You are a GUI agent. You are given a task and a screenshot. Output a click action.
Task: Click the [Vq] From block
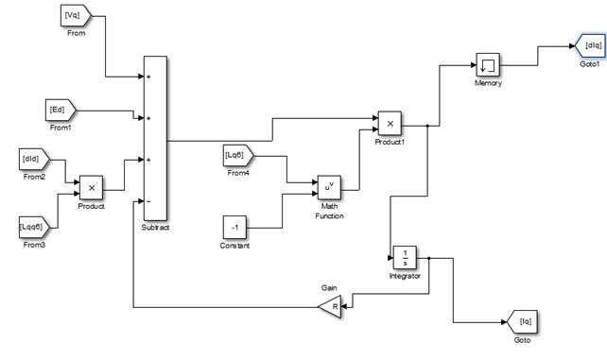(76, 16)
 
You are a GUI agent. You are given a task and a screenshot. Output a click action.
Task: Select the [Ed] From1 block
(61, 111)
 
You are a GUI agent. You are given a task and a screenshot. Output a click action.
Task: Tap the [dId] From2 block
(34, 160)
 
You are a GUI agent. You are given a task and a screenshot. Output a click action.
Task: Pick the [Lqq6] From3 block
(34, 228)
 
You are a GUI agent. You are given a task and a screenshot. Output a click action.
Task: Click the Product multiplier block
(92, 188)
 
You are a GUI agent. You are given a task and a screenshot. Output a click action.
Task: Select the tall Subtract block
(156, 139)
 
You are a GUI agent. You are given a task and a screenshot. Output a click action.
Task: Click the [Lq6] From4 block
(238, 156)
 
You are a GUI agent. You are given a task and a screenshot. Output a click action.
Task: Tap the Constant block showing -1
(234, 228)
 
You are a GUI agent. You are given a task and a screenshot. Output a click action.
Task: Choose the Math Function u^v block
(329, 187)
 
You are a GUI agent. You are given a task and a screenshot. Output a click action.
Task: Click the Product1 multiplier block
(390, 124)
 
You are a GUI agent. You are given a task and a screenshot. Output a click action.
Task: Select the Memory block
(488, 65)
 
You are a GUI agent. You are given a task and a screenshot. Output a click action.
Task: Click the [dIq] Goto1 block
(591, 46)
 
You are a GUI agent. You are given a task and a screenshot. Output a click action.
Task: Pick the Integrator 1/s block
(405, 258)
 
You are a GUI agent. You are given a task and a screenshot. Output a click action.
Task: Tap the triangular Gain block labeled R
(332, 307)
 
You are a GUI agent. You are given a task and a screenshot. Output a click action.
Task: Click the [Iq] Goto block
(522, 321)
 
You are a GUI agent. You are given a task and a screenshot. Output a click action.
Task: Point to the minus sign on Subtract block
(148, 201)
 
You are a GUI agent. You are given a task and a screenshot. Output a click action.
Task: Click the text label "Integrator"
(405, 276)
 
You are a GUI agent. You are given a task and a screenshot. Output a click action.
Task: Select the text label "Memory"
(488, 83)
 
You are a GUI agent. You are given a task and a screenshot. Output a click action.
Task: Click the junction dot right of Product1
(427, 126)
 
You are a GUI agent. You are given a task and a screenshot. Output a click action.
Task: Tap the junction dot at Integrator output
(429, 258)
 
